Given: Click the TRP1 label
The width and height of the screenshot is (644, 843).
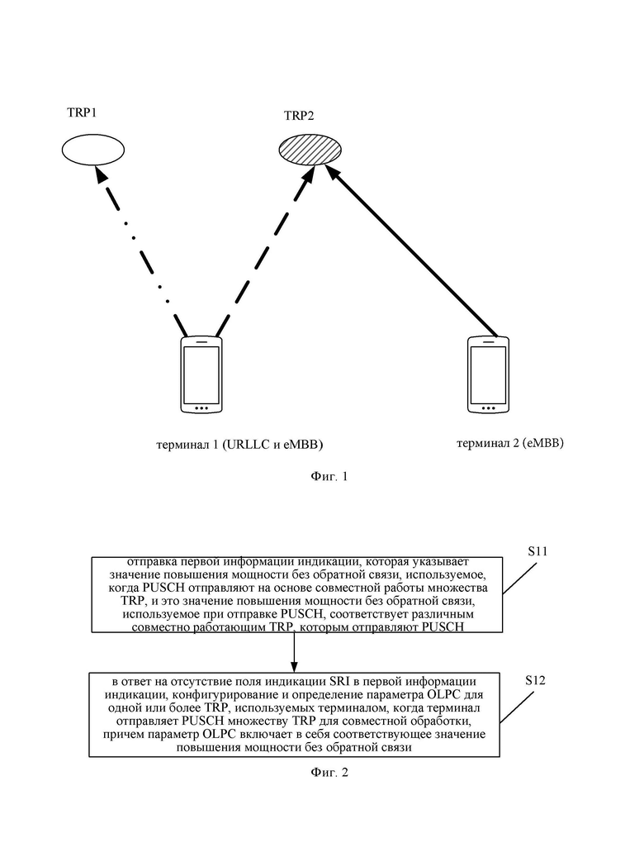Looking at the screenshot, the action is [82, 112].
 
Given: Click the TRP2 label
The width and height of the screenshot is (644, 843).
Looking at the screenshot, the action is [299, 116].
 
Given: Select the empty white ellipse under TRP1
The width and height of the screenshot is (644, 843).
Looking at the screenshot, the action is [93, 150].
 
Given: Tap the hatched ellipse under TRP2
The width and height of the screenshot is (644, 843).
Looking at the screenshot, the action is [310, 150].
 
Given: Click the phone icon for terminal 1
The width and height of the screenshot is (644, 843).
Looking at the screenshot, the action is [201, 374].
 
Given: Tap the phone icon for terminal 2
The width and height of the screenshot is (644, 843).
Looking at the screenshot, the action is [488, 374].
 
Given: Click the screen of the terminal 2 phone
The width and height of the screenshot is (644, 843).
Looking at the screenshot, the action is [488, 374].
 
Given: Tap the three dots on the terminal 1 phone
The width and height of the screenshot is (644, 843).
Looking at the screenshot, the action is [201, 408].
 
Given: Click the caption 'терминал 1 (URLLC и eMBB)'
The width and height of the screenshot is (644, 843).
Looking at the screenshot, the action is [239, 445].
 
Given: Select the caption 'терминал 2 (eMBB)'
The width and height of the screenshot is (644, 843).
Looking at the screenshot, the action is [510, 443].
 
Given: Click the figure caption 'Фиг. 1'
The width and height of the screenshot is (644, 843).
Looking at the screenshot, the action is [329, 476].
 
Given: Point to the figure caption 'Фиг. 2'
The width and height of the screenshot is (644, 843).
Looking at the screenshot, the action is [329, 773].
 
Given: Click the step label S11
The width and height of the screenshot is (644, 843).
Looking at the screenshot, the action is [537, 551].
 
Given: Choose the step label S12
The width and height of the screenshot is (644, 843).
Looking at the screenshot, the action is [535, 681].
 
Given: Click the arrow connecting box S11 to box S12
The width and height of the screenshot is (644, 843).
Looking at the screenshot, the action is [294, 652].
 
